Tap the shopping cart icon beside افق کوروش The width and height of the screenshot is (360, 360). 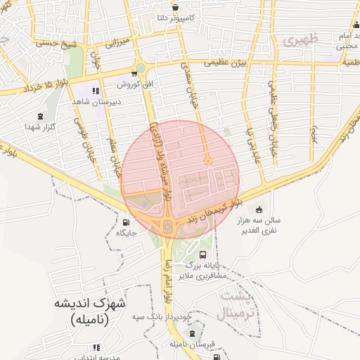click(134, 74)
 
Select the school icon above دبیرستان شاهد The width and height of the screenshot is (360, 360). click(96, 91)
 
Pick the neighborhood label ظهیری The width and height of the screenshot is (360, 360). click(301, 40)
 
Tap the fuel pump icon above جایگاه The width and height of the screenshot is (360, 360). click(126, 222)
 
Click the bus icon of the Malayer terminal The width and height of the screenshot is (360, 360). click(203, 255)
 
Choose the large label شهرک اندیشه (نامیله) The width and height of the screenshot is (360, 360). click(90, 311)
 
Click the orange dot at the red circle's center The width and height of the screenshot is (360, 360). click(208, 162)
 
